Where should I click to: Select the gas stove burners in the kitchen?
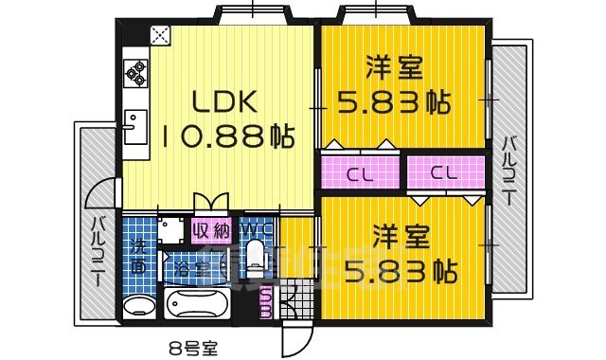coord(135,73)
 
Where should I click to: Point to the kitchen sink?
coord(134,122)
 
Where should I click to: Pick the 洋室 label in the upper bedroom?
coord(395,68)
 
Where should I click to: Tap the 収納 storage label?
coord(211,230)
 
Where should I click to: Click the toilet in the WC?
coord(254,254)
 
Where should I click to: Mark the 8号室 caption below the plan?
coord(193,348)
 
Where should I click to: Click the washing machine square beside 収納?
coord(172,231)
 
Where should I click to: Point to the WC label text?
coord(251,229)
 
